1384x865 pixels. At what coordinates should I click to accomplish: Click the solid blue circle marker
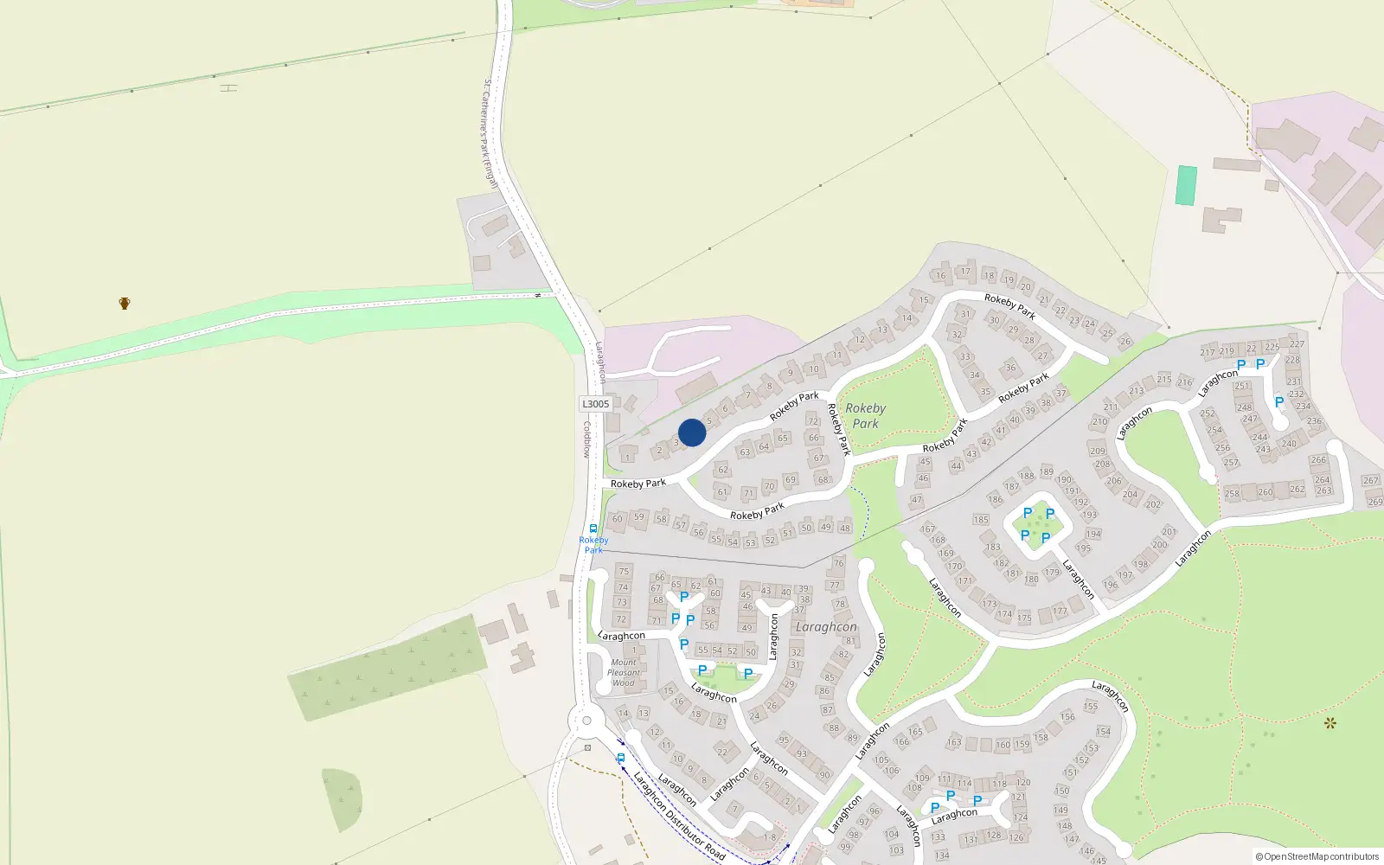692,432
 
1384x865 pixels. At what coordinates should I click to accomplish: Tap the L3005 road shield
595,404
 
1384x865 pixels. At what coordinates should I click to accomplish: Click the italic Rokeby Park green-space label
865,416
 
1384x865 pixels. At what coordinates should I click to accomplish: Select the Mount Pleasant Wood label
624,673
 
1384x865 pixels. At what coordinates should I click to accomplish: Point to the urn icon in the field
125,304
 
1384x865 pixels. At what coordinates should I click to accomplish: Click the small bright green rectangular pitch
1186,185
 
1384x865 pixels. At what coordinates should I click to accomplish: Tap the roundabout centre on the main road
586,721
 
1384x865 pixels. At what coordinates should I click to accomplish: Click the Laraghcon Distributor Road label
679,816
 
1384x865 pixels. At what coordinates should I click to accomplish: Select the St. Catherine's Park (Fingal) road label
490,133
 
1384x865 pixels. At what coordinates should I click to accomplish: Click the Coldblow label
586,439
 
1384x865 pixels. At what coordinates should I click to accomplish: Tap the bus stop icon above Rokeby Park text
593,529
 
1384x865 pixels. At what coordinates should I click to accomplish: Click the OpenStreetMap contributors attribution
1317,856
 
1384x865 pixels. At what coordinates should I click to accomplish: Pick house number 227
1297,343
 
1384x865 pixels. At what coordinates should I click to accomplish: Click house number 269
1375,502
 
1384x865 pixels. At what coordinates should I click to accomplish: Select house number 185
981,520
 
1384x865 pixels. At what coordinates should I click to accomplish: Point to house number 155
1091,707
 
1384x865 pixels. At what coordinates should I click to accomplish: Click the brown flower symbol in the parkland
1330,723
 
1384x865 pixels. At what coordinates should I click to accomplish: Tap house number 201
1169,532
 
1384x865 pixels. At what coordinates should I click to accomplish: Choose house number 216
1184,381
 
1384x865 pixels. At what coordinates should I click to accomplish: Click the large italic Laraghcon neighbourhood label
826,627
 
